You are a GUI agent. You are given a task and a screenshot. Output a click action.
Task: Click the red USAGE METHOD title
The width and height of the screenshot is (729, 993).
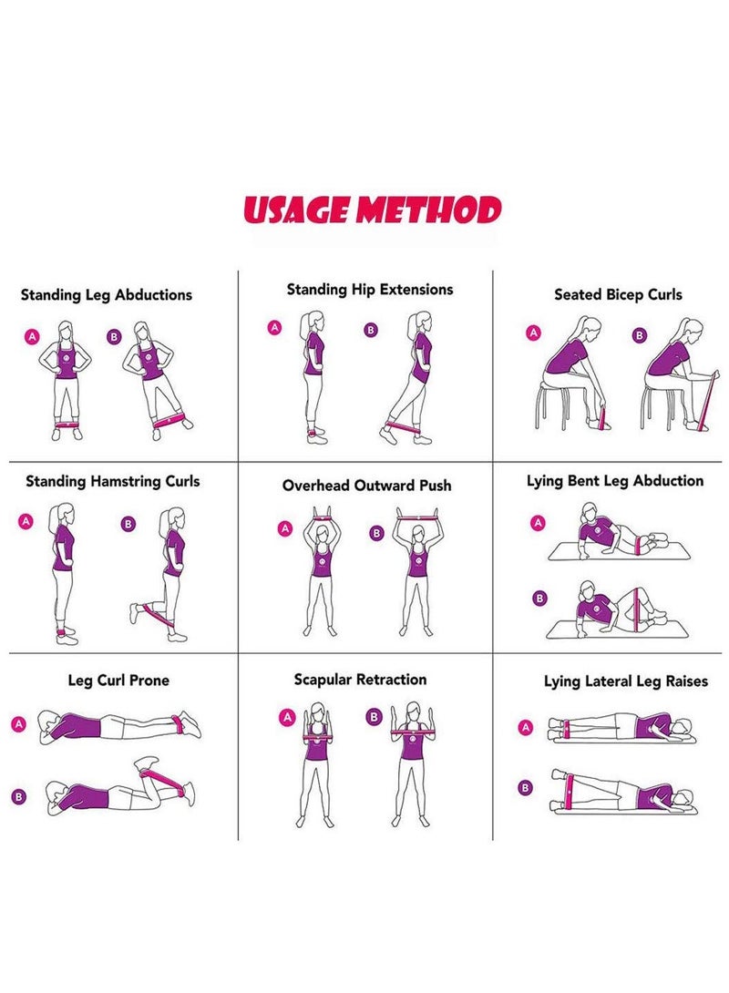[x=373, y=210]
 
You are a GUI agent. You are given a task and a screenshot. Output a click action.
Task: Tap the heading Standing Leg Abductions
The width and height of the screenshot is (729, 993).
[x=107, y=295]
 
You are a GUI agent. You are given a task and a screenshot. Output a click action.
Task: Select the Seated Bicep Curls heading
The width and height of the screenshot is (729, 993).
[x=618, y=294]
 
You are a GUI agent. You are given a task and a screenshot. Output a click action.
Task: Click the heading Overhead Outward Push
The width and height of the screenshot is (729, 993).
[x=366, y=486]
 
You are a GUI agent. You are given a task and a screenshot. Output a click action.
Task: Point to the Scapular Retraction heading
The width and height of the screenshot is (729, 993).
[x=360, y=680]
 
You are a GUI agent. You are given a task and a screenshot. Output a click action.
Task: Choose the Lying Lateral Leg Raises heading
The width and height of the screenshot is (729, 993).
[x=626, y=681]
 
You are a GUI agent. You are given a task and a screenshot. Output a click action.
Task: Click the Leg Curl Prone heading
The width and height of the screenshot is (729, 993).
[x=118, y=681]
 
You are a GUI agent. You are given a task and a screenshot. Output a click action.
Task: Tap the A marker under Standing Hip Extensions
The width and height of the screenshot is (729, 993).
[x=274, y=327]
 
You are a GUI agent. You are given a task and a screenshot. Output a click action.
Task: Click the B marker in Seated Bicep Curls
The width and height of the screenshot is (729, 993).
[x=640, y=335]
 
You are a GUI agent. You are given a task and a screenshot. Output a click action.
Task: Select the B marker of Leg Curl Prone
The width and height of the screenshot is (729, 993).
[x=19, y=797]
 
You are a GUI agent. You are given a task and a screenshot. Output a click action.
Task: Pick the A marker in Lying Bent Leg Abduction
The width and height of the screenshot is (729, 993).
[x=538, y=523]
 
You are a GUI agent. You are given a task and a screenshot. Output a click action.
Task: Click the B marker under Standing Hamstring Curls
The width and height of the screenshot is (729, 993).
[x=128, y=524]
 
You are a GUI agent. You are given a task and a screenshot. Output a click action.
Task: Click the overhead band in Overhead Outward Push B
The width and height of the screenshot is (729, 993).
[x=417, y=518]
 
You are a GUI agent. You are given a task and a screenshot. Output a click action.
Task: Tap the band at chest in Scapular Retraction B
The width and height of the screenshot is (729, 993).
[x=414, y=733]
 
